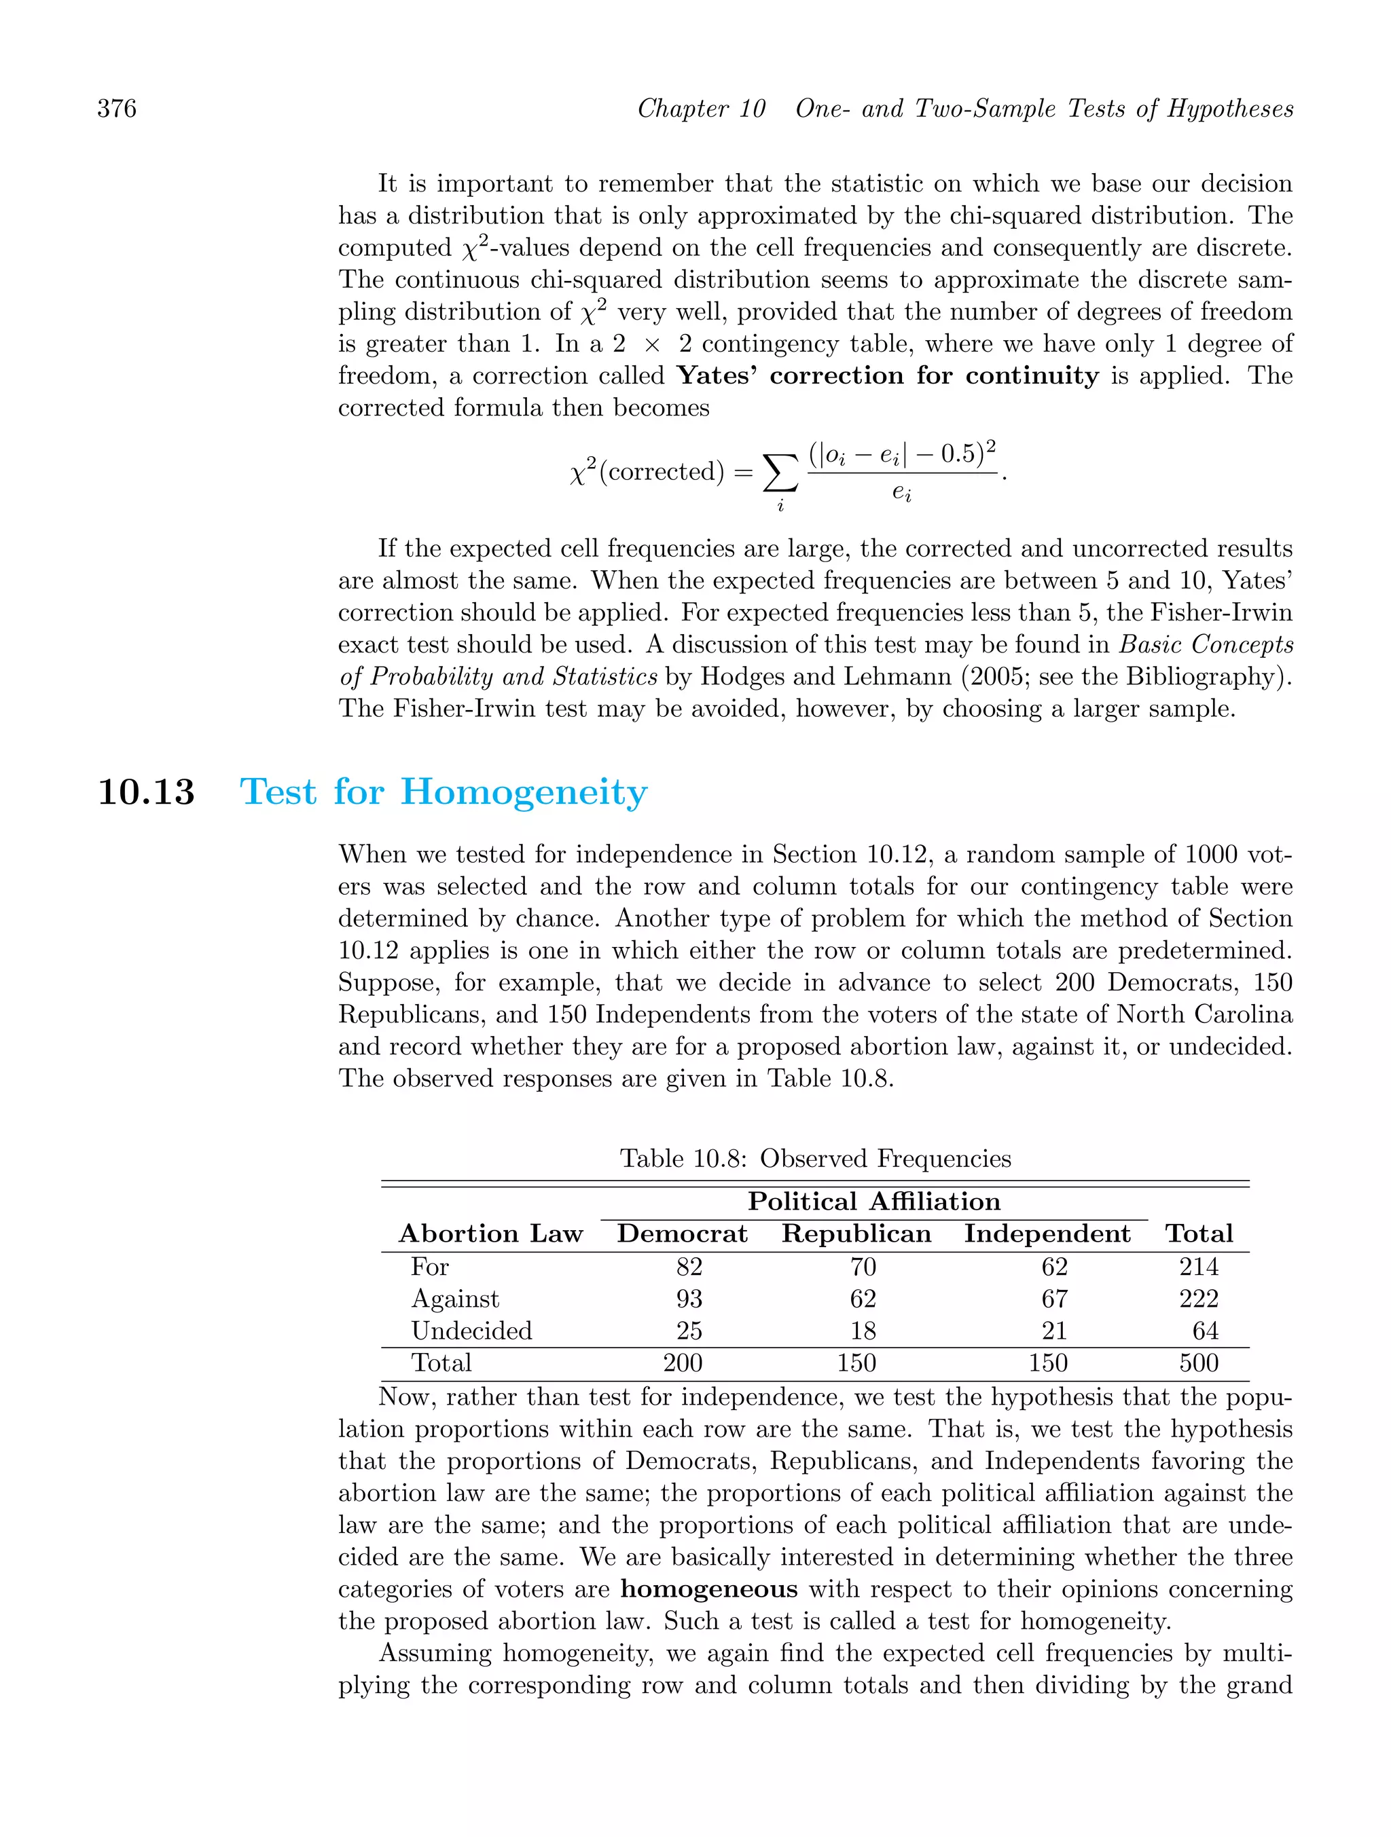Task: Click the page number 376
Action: coord(116,109)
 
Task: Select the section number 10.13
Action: coord(146,792)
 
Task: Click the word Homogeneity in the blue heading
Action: coord(524,792)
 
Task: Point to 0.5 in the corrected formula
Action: coord(956,454)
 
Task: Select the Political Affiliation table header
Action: coord(873,1202)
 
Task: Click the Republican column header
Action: coord(856,1234)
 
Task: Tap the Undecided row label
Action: coord(471,1331)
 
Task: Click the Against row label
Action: coord(454,1299)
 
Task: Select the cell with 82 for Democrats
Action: coord(689,1267)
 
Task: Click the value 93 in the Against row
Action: coord(689,1299)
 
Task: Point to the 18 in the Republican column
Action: coord(863,1331)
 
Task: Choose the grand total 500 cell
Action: coord(1198,1362)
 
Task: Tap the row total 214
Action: coord(1198,1267)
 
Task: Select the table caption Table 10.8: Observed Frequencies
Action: coord(815,1159)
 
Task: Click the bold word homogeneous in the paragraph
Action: coord(709,1589)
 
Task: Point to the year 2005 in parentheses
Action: coord(993,677)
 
